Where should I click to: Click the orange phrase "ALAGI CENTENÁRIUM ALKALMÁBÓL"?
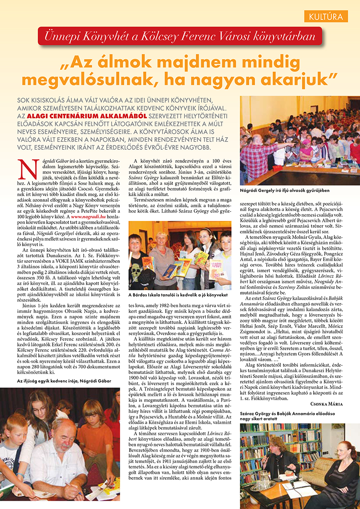(65, 116)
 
